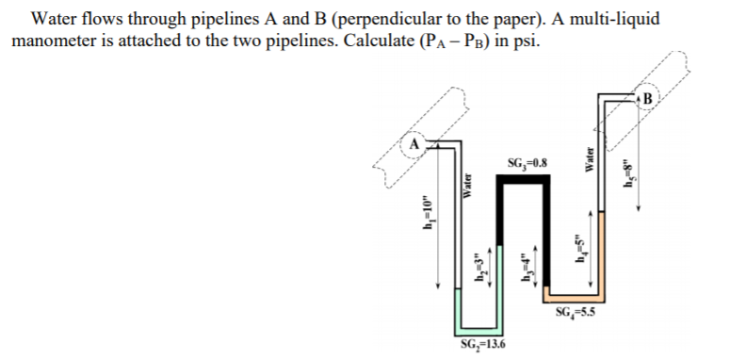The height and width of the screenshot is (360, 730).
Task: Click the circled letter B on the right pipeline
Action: pos(648,97)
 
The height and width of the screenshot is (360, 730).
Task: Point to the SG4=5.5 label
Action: pos(576,313)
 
